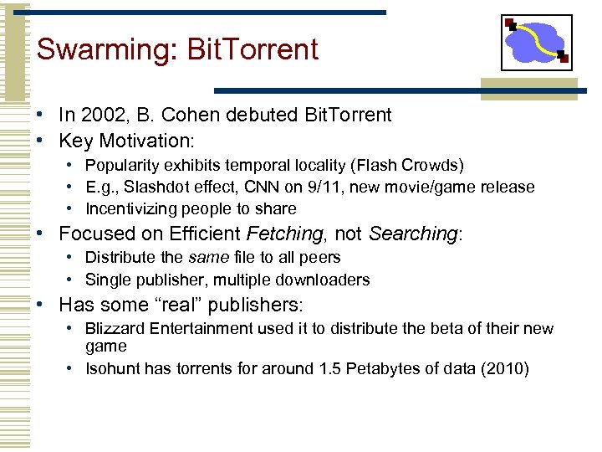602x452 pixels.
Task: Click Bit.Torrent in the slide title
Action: pyautogui.click(x=253, y=49)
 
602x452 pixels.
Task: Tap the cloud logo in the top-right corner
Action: pyautogui.click(x=537, y=42)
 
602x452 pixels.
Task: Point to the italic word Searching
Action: pyautogui.click(x=412, y=234)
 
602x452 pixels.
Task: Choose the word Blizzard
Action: pyautogui.click(x=115, y=328)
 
